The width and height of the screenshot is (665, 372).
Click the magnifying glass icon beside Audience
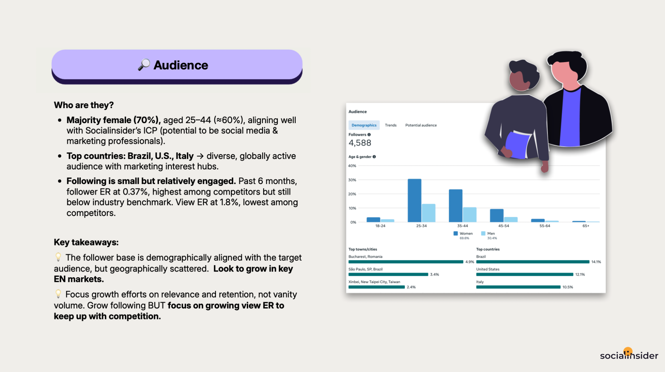144,65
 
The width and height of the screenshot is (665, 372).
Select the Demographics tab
364,125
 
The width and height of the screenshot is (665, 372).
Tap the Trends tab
391,125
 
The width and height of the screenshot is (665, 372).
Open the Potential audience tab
421,125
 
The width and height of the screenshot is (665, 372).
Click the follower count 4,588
360,143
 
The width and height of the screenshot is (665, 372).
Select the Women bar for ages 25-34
415,200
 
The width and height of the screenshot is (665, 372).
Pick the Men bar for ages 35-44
469,215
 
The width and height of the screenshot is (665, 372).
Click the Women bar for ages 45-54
496,215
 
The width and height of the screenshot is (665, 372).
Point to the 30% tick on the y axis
352,180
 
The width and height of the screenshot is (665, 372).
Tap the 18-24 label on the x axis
380,226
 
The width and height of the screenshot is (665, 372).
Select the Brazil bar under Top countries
533,262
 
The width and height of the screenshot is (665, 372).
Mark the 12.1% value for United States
580,275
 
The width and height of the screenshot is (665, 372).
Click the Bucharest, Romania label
365,257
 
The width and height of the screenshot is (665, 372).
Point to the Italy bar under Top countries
518,287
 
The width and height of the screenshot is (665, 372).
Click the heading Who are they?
84,105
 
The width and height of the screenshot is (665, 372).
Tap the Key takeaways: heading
86,242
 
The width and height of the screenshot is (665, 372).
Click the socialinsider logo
629,355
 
